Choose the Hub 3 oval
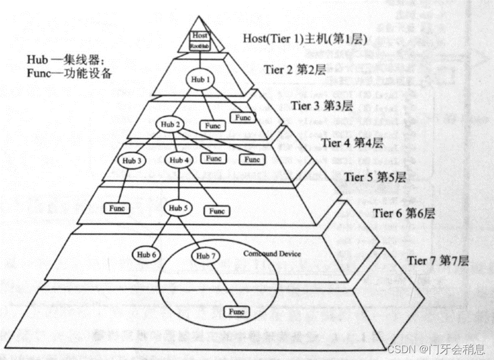tap(131, 161)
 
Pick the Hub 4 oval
tap(179, 161)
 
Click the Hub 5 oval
tap(178, 209)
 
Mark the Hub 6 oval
tap(146, 254)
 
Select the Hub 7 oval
tap(204, 256)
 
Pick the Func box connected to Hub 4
tap(216, 211)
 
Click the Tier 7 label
tap(437, 261)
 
